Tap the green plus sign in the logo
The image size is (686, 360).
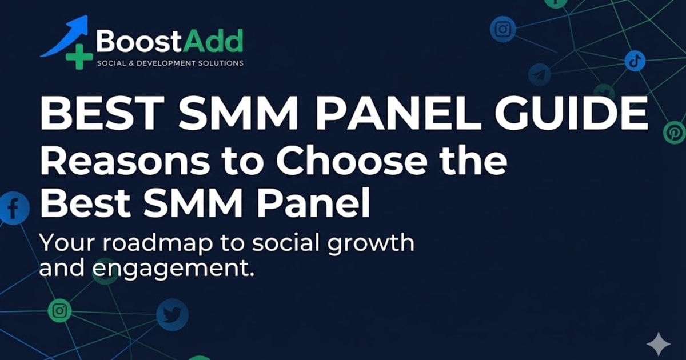pyautogui.click(x=78, y=57)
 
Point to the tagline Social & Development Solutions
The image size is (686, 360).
pyautogui.click(x=170, y=63)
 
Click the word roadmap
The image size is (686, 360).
pyautogui.click(x=152, y=243)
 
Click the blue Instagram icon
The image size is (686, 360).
pyautogui.click(x=502, y=29)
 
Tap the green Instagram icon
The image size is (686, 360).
pyautogui.click(x=59, y=311)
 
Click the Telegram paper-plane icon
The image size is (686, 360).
pyautogui.click(x=539, y=75)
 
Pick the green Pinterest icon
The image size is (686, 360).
pyautogui.click(x=673, y=133)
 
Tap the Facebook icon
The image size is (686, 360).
pyautogui.click(x=12, y=208)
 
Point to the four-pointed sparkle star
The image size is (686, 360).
pyautogui.click(x=658, y=345)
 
